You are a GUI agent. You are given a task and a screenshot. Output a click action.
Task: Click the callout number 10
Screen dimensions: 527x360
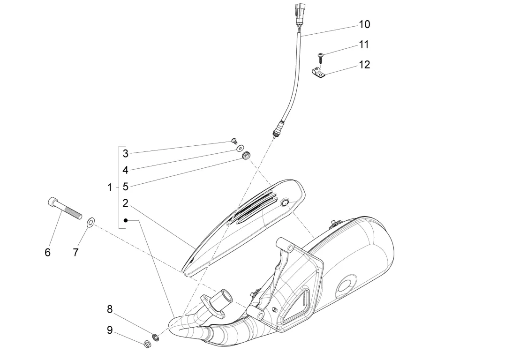tap(364, 24)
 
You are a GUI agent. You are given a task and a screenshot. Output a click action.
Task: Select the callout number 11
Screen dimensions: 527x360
tap(364, 45)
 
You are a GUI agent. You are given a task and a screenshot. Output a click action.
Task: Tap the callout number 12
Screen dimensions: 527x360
tap(364, 65)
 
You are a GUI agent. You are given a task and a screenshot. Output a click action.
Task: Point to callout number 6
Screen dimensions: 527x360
tap(47, 252)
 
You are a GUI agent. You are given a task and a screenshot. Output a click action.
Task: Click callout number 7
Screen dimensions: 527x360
tap(75, 252)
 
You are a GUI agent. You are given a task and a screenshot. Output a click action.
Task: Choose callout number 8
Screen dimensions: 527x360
tap(110, 309)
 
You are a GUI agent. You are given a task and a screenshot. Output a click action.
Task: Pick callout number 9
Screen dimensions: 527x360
tap(110, 330)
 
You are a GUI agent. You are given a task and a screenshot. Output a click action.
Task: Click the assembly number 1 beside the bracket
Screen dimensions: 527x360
tap(110, 187)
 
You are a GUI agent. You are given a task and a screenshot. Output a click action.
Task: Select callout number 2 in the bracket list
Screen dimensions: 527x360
tap(126, 203)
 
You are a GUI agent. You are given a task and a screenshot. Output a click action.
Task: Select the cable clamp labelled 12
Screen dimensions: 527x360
tap(318, 73)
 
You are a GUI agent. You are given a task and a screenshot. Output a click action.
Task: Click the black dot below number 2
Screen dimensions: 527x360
tap(126, 220)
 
